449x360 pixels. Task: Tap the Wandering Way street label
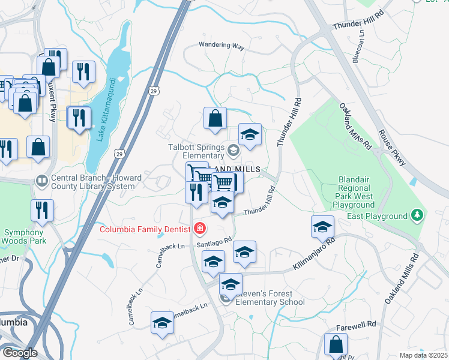pyautogui.click(x=221, y=46)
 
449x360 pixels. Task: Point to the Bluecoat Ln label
pyautogui.click(x=361, y=47)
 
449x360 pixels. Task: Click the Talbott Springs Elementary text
pyautogui.click(x=196, y=151)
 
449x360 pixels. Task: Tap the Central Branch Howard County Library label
pyautogui.click(x=93, y=182)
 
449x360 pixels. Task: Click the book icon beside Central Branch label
pyautogui.click(x=41, y=179)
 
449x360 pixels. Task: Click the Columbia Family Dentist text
pyautogui.click(x=145, y=229)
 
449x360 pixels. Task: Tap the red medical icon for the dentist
pyautogui.click(x=199, y=229)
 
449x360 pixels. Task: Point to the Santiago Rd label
pyautogui.click(x=213, y=241)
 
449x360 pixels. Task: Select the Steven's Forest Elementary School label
pyautogui.click(x=264, y=298)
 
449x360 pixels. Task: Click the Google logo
pyautogui.click(x=19, y=353)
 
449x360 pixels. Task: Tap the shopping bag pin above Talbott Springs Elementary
pyautogui.click(x=215, y=119)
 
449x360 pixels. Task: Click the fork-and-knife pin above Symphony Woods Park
pyautogui.click(x=43, y=211)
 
